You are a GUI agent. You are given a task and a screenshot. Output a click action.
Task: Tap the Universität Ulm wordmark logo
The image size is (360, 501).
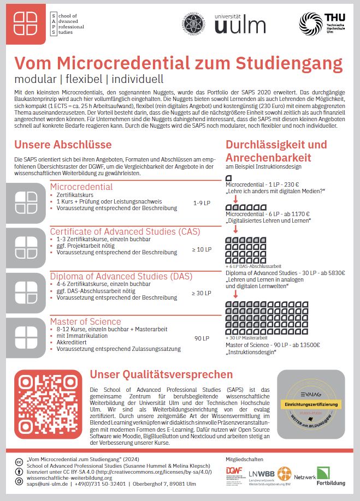click(239, 25)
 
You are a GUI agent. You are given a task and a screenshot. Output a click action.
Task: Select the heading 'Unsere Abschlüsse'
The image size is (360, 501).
click(63, 145)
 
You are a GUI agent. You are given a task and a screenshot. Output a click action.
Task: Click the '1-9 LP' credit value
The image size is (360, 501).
click(202, 203)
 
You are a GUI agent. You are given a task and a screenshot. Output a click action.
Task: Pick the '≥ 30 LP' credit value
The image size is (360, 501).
click(201, 293)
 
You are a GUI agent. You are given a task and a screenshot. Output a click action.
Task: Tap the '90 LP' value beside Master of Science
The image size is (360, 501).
click(202, 338)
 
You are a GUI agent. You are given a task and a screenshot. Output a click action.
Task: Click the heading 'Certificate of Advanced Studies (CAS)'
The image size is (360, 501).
click(121, 232)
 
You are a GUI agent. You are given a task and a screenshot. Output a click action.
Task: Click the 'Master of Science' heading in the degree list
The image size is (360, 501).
click(85, 321)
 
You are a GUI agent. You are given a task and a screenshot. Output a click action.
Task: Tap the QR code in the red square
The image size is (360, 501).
click(48, 404)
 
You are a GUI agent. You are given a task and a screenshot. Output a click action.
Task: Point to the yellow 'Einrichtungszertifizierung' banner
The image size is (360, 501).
click(311, 403)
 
